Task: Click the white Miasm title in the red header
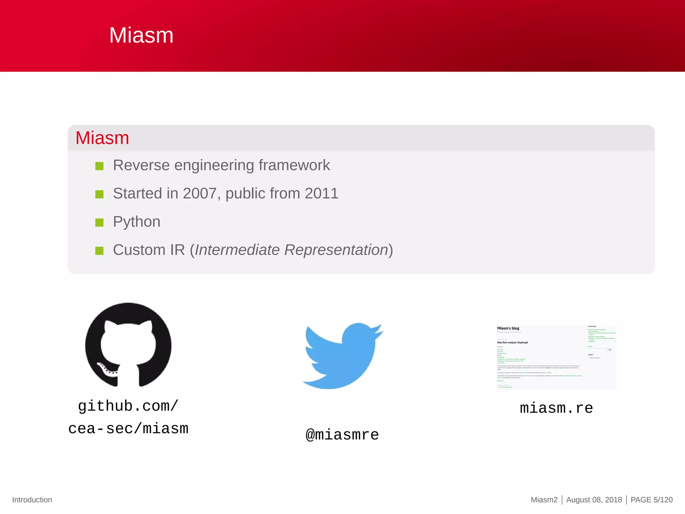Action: (x=141, y=35)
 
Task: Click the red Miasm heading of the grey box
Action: (x=102, y=138)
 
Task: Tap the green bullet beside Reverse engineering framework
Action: (x=99, y=166)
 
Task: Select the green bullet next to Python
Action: (x=99, y=223)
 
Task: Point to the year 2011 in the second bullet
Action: (x=321, y=193)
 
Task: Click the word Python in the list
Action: (x=136, y=222)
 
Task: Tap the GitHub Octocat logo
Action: (x=128, y=345)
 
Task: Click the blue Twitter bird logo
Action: (x=343, y=356)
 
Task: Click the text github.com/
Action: (x=128, y=406)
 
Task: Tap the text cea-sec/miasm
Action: (x=128, y=429)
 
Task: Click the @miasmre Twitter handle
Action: (x=342, y=435)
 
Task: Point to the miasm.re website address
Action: (x=556, y=408)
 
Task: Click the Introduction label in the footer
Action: (x=32, y=500)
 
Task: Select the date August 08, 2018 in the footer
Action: (x=594, y=500)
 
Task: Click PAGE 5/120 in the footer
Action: (x=651, y=500)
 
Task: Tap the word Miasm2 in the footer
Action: (x=544, y=500)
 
